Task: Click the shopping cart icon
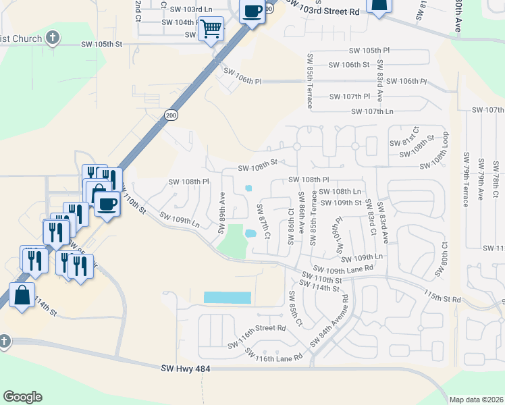coord(211,28)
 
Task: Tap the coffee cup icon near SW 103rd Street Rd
coord(252,11)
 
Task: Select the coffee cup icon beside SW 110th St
coord(107,202)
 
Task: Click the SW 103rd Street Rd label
coord(323,7)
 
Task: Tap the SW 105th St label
coord(101,45)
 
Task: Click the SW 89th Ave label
coord(221,213)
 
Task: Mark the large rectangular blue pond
coord(227,297)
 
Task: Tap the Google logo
coord(22,397)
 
